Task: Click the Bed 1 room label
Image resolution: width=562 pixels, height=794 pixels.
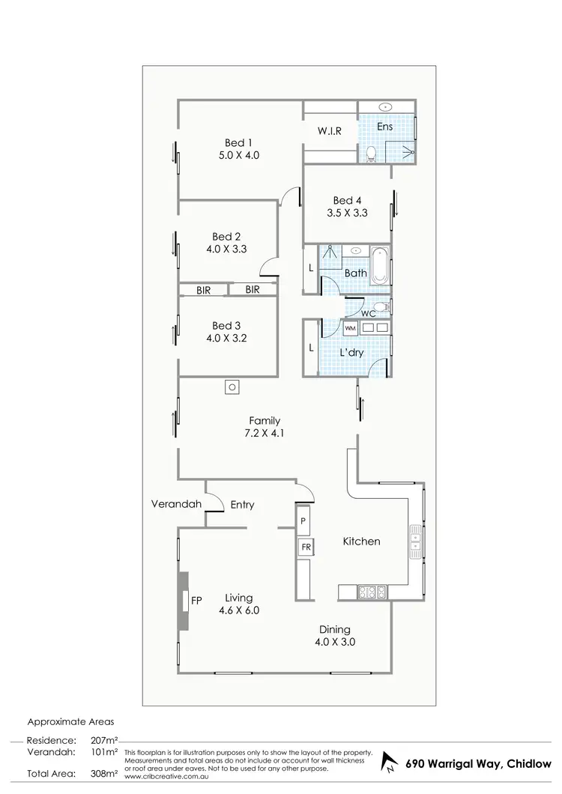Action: (x=239, y=142)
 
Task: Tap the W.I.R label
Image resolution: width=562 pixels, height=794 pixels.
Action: (x=330, y=131)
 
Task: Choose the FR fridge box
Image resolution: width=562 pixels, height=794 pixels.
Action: (x=305, y=547)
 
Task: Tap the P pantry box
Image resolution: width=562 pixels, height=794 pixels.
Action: (x=304, y=520)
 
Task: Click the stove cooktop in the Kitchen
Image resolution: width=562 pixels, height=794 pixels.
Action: (x=372, y=592)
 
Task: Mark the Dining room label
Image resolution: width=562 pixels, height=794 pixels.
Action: (x=335, y=630)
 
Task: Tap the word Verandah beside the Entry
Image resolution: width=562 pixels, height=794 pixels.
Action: (x=176, y=504)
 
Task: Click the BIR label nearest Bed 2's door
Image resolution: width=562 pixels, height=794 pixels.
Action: (x=252, y=289)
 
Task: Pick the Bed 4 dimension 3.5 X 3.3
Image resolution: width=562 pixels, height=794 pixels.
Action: (x=348, y=213)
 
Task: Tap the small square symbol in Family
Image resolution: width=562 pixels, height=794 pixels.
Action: (x=232, y=387)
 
